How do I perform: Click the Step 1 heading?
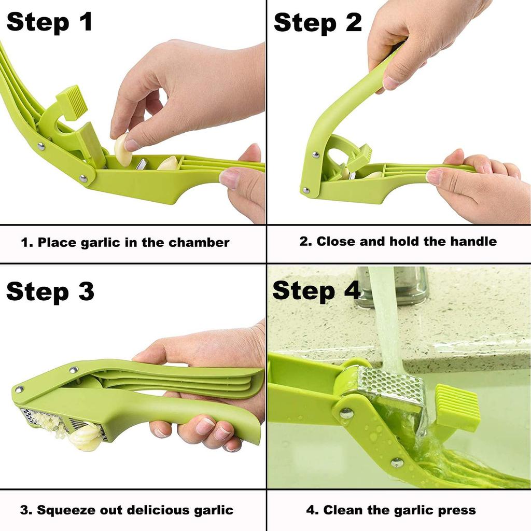click(x=49, y=23)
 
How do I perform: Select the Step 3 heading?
click(x=50, y=291)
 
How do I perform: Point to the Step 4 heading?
click(x=316, y=290)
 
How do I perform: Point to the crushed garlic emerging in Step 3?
click(x=86, y=436)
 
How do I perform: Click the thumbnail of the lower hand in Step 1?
click(x=229, y=178)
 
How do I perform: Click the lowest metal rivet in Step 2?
click(x=305, y=190)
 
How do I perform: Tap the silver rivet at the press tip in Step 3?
click(x=19, y=389)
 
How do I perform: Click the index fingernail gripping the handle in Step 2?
click(x=390, y=82)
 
